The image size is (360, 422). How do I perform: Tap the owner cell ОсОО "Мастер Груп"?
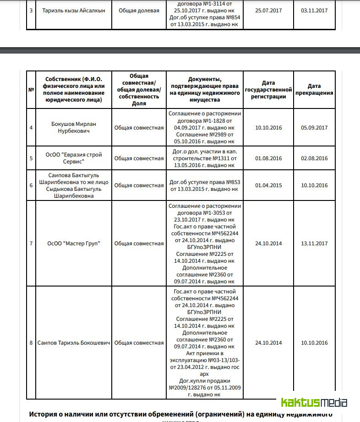74,243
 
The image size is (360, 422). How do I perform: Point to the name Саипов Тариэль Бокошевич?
74,343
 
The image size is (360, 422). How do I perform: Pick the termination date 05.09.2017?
314,128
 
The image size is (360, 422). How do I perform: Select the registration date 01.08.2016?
268,158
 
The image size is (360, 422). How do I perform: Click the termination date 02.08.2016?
314,158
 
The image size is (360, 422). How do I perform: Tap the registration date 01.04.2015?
268,185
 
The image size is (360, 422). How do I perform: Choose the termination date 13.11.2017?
314,243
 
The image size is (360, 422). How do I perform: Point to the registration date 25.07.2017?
268,11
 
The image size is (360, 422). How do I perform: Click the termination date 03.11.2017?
314,11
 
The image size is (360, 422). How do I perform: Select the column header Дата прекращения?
314,89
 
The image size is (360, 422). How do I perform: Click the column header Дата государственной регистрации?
268,90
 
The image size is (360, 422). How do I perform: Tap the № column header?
31,90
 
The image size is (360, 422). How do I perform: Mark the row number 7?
31,243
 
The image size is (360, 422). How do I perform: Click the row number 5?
31,158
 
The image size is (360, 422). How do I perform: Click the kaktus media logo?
314,403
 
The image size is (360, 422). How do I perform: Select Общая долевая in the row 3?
139,11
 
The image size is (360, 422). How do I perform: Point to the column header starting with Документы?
205,89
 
